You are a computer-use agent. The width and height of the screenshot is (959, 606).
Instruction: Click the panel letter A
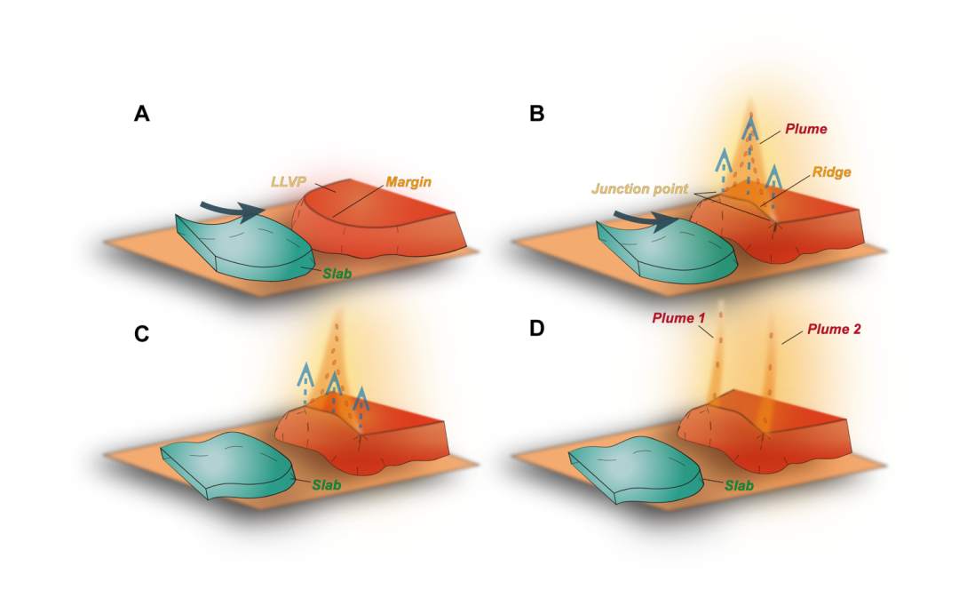click(x=141, y=113)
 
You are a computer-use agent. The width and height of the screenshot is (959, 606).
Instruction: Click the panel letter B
click(x=536, y=113)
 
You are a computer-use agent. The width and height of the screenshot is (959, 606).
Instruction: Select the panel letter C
click(x=141, y=333)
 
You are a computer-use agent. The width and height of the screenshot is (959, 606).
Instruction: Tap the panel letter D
click(x=536, y=328)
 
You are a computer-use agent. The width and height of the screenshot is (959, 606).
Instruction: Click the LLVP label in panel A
click(x=288, y=182)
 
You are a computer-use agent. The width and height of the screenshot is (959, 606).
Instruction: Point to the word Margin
click(x=408, y=182)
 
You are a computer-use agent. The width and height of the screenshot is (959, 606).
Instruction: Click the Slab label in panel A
click(x=337, y=274)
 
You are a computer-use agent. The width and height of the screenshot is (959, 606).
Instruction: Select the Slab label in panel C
click(x=326, y=485)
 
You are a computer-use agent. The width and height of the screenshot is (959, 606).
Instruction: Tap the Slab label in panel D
click(x=739, y=485)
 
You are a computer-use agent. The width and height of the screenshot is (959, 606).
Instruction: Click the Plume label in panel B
click(x=806, y=129)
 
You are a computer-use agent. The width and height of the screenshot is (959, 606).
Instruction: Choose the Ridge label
click(x=832, y=172)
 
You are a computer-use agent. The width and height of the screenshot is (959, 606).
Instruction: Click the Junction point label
click(x=639, y=188)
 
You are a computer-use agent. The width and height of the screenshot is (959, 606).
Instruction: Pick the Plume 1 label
click(x=678, y=318)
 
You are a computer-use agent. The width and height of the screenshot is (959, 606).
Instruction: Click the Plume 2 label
click(x=834, y=329)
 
